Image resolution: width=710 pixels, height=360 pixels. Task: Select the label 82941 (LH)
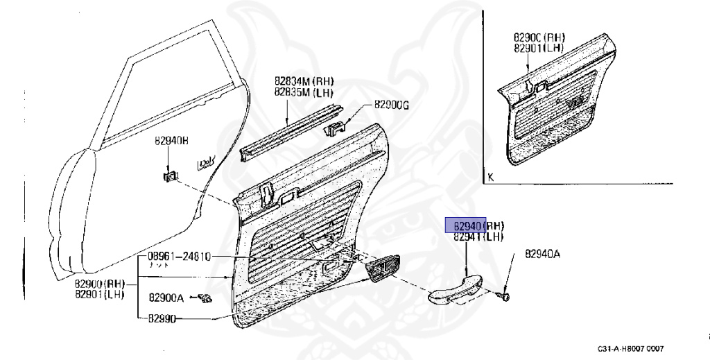pos(478,237)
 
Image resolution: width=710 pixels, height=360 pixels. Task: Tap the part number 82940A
pos(542,254)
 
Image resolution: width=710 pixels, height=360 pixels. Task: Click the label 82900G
pos(392,105)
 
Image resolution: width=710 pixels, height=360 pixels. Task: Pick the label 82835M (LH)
pos(304,92)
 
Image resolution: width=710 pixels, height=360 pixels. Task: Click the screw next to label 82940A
pos(504,298)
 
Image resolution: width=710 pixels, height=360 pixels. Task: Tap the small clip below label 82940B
pos(168,177)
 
